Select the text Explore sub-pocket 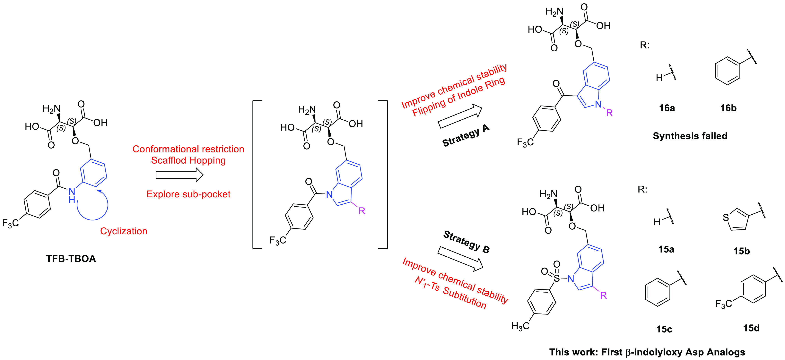(188, 194)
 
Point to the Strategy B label (466, 242)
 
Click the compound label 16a (667, 108)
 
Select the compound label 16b (728, 108)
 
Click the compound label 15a (666, 249)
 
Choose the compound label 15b (741, 251)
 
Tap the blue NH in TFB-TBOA (72, 195)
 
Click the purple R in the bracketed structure (362, 211)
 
